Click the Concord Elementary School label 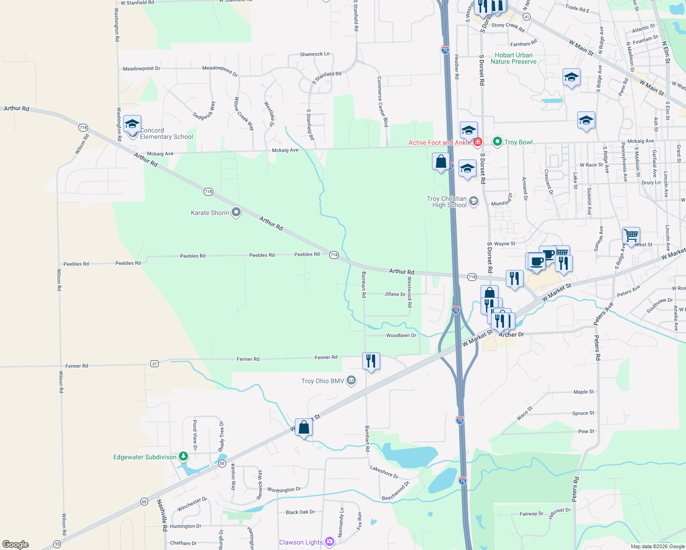coord(166,134)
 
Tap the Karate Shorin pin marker coord(236,212)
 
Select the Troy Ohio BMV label coord(322,381)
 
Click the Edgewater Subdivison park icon coord(183,456)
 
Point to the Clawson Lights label coord(301,542)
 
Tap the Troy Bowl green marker coord(497,142)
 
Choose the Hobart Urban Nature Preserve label coord(514,58)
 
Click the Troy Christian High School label coord(447,202)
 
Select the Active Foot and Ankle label coord(439,143)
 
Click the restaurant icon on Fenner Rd coord(371,361)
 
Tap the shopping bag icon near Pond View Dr coord(304,428)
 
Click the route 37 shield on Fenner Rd coord(155,364)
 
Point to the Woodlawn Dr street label coord(401,335)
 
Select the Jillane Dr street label coord(394,294)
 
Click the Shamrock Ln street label coord(315,54)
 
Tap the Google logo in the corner coord(16,544)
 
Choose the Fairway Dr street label coord(531,514)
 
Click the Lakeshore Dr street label coord(384,472)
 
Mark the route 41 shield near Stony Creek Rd coord(526,17)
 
